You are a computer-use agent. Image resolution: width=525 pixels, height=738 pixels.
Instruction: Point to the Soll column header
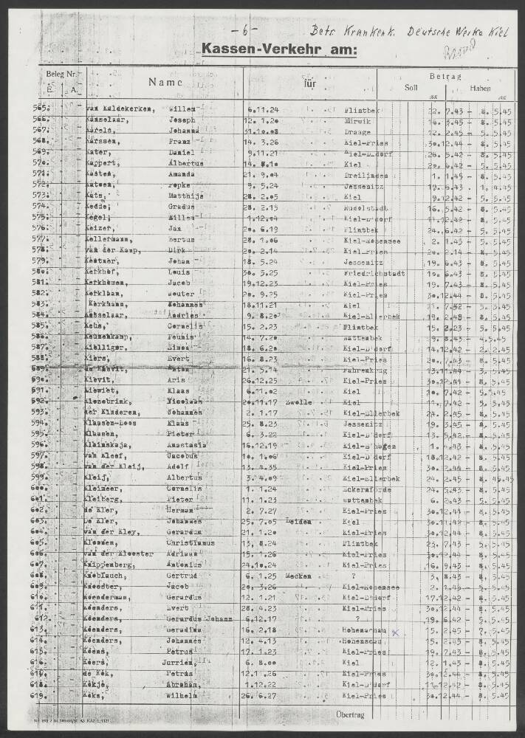click(411, 87)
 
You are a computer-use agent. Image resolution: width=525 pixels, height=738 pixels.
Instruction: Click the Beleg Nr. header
click(61, 75)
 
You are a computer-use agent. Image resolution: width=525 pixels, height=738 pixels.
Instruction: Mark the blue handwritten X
click(395, 632)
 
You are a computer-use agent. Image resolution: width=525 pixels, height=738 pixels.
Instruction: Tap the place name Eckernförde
click(367, 489)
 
